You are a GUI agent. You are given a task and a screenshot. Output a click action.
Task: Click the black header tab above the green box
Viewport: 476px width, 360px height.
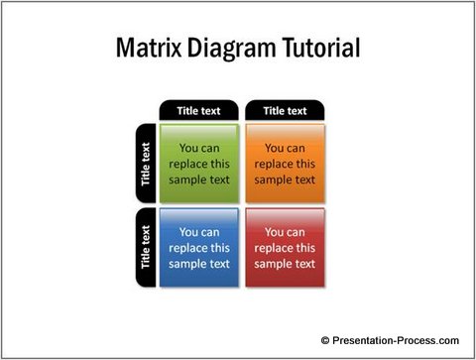click(x=198, y=110)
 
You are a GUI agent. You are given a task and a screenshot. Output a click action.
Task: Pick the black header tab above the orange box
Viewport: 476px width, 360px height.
click(x=285, y=110)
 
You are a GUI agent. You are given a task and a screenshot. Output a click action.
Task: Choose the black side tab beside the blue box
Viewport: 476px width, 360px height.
click(x=146, y=247)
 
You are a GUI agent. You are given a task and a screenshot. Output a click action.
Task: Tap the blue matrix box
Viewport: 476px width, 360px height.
click(x=198, y=248)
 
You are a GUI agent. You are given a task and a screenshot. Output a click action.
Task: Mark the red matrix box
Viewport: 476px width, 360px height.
click(x=285, y=248)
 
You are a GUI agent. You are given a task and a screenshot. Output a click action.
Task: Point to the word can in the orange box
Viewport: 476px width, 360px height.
click(x=297, y=148)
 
